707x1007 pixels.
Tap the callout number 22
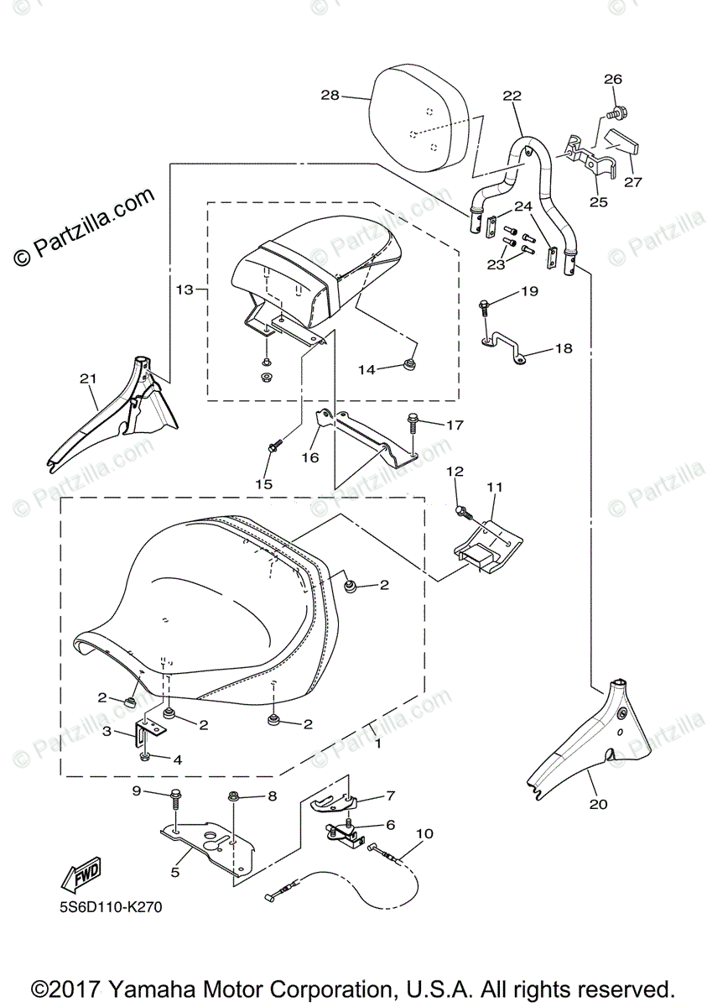(x=512, y=96)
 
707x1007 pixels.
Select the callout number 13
(x=184, y=290)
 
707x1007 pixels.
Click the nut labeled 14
(x=411, y=363)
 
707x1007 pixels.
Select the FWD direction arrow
(x=81, y=878)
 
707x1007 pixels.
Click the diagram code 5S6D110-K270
(x=110, y=907)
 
